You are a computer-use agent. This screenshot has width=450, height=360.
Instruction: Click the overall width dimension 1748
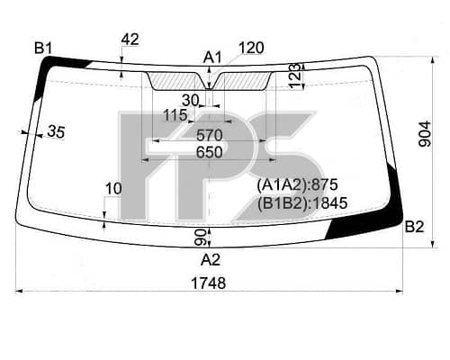[x=209, y=283]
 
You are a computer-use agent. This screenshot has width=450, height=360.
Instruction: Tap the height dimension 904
[x=425, y=134]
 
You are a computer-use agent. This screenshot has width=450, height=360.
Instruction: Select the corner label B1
[x=43, y=48]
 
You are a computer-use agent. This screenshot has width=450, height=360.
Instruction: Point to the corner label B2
[x=415, y=227]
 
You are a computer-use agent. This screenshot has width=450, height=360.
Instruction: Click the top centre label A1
[x=212, y=58]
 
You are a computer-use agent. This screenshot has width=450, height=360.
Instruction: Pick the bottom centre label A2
[x=211, y=260]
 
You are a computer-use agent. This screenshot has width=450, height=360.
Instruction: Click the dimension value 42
[x=130, y=40]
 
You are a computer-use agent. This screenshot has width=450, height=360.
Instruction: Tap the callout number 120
[x=251, y=48]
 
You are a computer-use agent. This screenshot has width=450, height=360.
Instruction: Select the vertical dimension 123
[x=295, y=76]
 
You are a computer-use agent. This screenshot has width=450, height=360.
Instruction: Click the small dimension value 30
[x=191, y=101]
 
